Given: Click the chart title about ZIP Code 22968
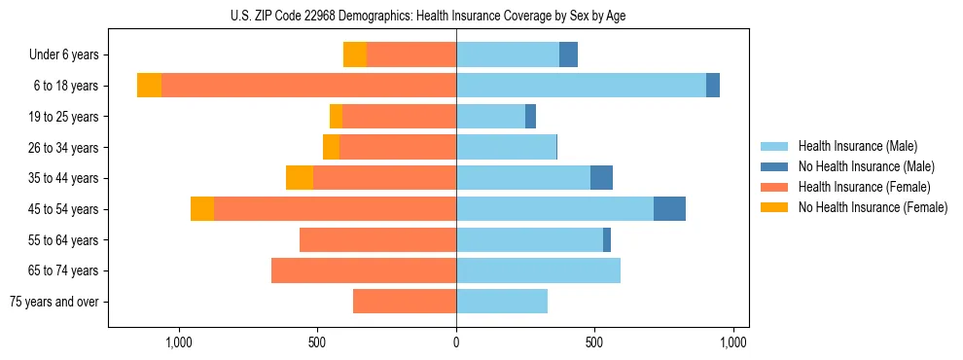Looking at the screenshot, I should pos(429,16).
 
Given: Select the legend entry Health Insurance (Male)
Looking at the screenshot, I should pos(857,146).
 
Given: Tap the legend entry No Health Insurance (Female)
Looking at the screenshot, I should pos(873,207).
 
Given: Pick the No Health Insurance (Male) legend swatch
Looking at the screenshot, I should pos(775,166).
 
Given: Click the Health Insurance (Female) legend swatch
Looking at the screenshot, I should pos(775,187).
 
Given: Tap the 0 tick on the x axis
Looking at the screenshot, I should pos(456,342).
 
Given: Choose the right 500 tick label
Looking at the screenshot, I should pos(594,342).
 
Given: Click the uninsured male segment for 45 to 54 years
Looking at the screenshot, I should pos(669,209).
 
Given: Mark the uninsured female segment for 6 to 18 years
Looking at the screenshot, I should pos(149,86).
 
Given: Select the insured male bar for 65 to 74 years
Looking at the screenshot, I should pos(538,270).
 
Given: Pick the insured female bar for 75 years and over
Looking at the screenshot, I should pos(405,302).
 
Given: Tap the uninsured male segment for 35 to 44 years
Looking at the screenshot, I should pos(601,178).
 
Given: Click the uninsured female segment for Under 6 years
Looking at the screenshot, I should pos(355,55).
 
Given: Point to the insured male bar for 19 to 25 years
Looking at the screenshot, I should pos(490,117).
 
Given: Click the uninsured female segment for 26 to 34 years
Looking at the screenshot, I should pos(331,147).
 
